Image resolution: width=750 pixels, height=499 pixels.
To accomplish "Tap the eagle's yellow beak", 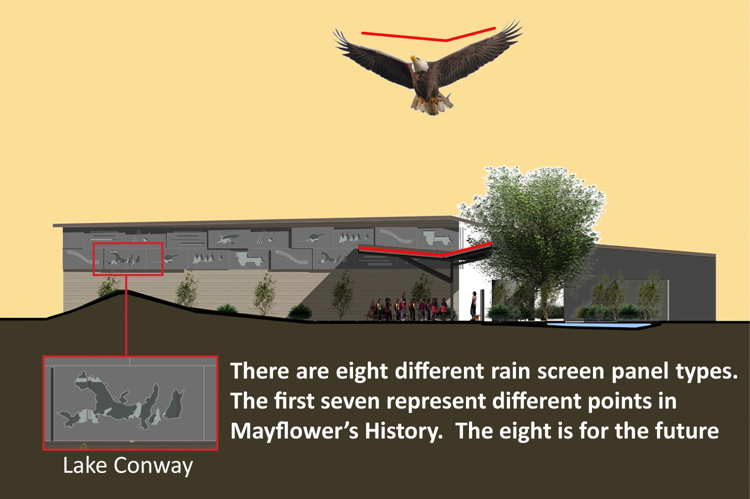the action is (414, 58).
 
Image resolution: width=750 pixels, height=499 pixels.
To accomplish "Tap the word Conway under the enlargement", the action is (153, 466).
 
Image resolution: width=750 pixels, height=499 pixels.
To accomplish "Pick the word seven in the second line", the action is (349, 400).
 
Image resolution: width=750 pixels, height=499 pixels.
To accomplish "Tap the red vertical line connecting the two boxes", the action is (126, 315).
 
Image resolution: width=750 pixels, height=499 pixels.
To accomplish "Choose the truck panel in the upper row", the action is (437, 237).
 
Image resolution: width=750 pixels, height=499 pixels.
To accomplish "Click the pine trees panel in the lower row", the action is (207, 258).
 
